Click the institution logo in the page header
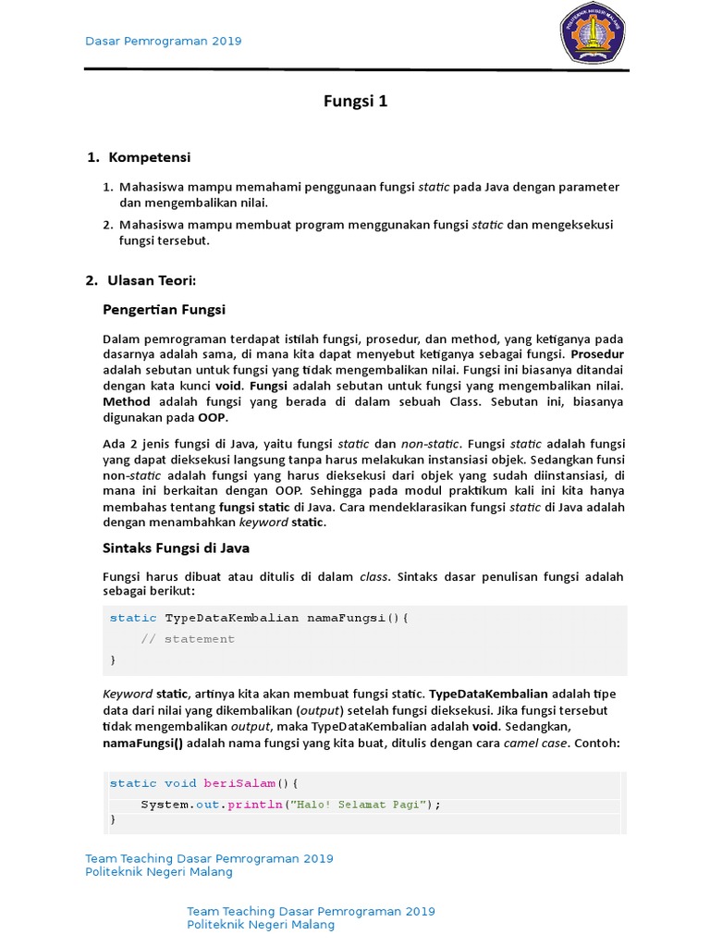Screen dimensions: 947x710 point(593,33)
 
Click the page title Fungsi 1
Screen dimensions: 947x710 point(355,102)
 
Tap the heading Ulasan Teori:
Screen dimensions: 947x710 point(152,280)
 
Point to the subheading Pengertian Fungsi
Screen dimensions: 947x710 point(163,309)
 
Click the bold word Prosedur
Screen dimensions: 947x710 point(597,354)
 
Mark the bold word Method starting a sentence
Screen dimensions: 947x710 point(126,401)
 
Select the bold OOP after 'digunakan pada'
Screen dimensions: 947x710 point(212,417)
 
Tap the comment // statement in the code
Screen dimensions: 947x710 point(188,639)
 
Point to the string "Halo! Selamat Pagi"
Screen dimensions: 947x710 point(360,805)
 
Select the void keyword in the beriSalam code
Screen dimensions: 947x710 point(180,783)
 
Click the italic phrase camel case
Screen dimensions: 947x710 point(533,743)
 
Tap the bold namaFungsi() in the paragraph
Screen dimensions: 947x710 point(143,743)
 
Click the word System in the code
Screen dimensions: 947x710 point(165,805)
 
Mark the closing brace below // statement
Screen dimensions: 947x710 point(114,659)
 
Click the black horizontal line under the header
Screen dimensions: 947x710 point(357,69)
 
